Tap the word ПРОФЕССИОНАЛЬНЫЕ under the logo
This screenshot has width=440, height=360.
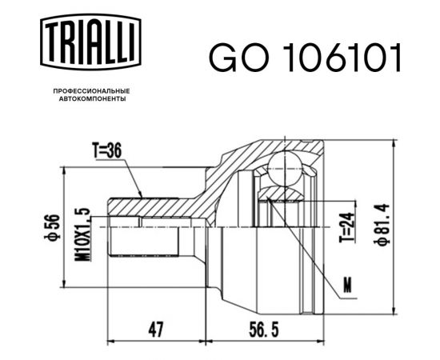click(89, 91)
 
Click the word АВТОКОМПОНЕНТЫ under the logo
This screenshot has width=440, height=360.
click(89, 100)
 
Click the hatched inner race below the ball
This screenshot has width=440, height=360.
click(280, 192)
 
